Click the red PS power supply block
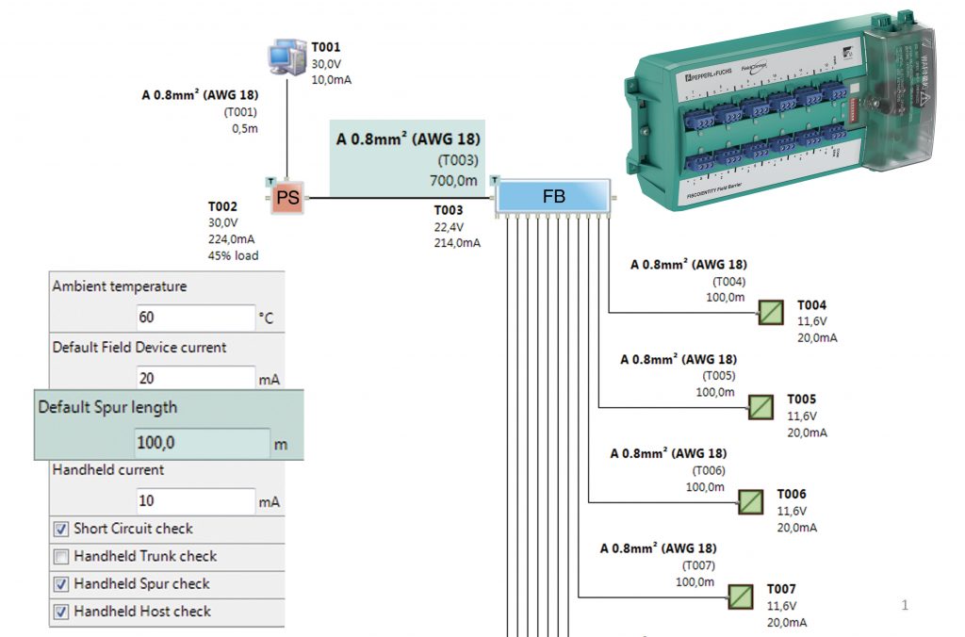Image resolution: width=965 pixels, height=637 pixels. (x=287, y=198)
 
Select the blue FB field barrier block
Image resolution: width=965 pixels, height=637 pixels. (x=553, y=197)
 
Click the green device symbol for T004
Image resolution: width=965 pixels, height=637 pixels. (x=771, y=313)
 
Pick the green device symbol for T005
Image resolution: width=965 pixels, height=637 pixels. (x=761, y=407)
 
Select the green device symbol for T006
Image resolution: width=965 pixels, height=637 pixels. (x=750, y=501)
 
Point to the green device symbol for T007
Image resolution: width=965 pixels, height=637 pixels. (x=740, y=596)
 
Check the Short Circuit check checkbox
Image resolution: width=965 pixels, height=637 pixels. (x=61, y=530)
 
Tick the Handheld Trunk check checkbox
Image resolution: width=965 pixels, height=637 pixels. (x=61, y=557)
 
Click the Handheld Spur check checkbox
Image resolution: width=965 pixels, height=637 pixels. (x=61, y=584)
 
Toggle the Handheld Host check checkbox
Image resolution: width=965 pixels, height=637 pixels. (x=61, y=612)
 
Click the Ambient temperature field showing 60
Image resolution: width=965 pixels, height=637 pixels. (x=196, y=318)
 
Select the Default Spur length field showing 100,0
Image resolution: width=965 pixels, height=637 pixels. (x=202, y=443)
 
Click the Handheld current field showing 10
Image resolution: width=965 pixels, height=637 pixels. (x=196, y=501)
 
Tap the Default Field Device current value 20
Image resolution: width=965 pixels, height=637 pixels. (x=196, y=378)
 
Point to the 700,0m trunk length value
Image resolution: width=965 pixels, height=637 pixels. (x=453, y=180)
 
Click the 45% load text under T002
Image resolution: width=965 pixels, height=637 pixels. (x=233, y=255)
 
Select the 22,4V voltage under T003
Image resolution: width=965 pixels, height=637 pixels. (x=449, y=226)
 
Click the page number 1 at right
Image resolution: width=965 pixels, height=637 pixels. (x=905, y=605)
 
